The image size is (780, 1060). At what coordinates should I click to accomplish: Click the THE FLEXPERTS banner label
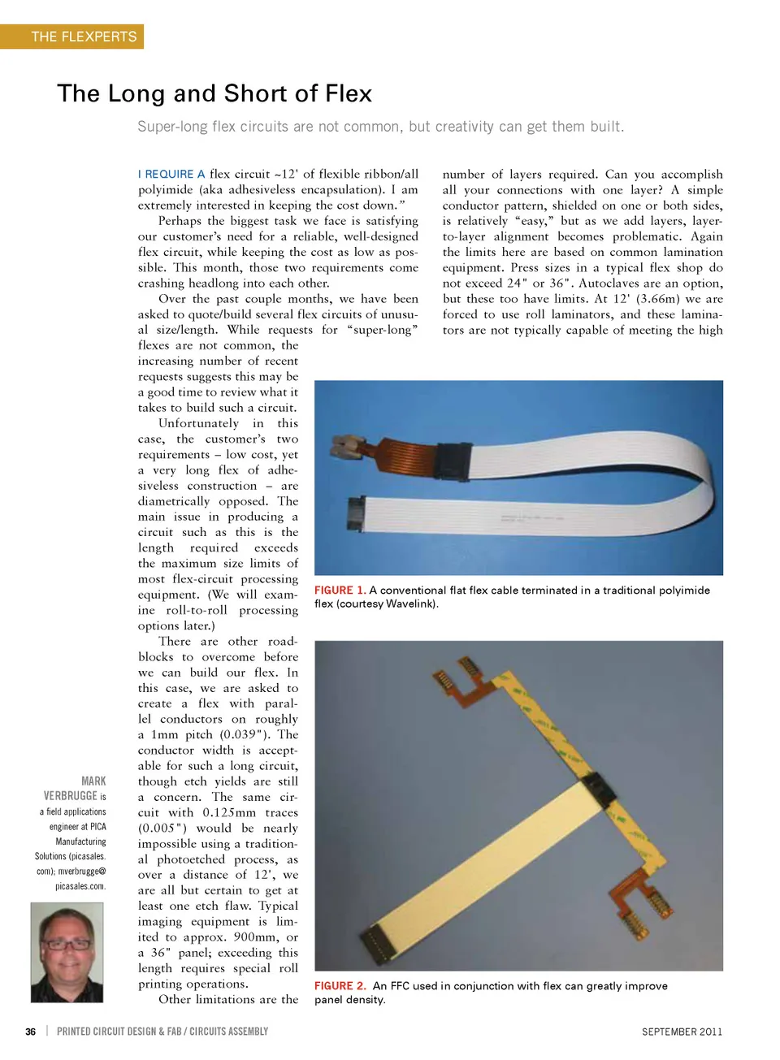click(x=84, y=37)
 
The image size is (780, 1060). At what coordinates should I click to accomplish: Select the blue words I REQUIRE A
click(x=171, y=174)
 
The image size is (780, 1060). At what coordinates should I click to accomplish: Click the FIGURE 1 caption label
click(x=340, y=591)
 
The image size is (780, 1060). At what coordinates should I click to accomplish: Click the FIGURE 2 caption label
click(x=340, y=986)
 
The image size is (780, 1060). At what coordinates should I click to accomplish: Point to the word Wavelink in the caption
click(x=410, y=604)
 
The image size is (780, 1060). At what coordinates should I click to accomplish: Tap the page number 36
click(x=30, y=1032)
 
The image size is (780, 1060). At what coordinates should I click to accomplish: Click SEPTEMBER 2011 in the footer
click(x=682, y=1032)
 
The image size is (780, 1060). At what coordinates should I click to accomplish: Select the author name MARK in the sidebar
click(x=93, y=781)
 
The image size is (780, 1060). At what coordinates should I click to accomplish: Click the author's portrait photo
click(x=67, y=952)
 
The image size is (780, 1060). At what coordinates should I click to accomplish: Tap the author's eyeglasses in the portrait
click(x=67, y=944)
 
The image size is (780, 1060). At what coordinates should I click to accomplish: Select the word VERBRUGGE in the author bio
click(x=70, y=796)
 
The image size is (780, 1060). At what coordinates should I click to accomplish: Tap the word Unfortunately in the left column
click(x=198, y=423)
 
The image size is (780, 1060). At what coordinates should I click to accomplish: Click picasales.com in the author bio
click(x=80, y=886)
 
